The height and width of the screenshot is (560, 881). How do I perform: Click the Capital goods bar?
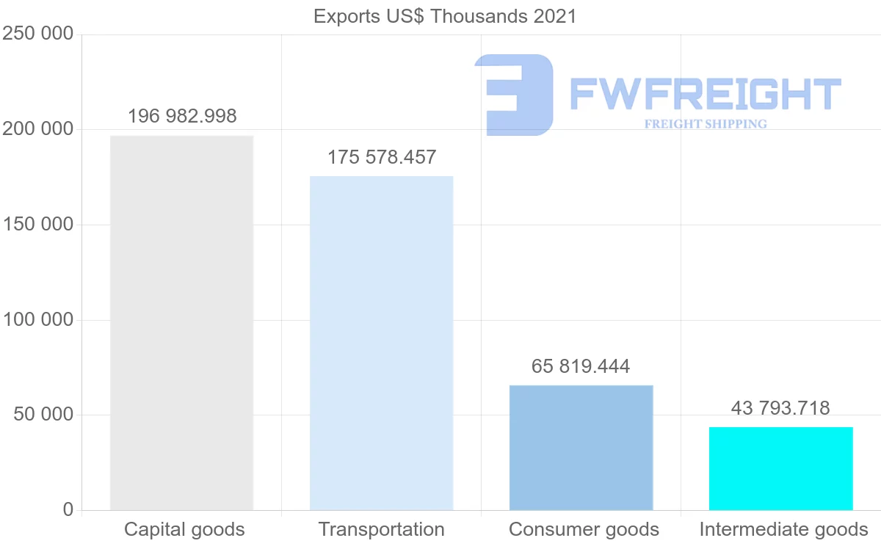(181, 323)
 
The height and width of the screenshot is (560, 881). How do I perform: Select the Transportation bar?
(381, 343)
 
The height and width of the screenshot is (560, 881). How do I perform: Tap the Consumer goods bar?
(581, 448)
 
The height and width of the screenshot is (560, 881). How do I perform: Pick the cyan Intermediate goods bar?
(780, 468)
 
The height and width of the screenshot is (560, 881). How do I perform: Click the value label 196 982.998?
(182, 116)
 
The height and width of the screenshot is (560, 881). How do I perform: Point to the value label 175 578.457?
(382, 157)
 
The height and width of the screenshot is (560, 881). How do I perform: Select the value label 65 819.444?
(581, 366)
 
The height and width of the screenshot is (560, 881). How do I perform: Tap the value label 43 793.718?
(780, 408)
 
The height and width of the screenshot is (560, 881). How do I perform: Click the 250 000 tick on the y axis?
(38, 34)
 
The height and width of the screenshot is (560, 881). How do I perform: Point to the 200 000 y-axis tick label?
(38, 129)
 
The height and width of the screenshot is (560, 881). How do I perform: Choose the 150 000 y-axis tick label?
(38, 225)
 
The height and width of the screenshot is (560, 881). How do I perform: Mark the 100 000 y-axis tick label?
(38, 320)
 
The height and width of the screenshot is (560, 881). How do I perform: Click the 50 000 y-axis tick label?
(44, 415)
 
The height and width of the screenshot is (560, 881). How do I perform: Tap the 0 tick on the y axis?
(68, 509)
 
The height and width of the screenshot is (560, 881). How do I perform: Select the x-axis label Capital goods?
(184, 529)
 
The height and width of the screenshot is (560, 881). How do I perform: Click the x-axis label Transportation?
(381, 529)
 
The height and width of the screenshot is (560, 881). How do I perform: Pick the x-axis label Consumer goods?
(584, 529)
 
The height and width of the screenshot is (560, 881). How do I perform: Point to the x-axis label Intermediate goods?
(783, 529)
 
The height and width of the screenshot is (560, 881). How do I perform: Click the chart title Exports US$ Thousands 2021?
(445, 16)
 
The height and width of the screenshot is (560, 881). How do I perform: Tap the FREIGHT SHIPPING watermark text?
(706, 124)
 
